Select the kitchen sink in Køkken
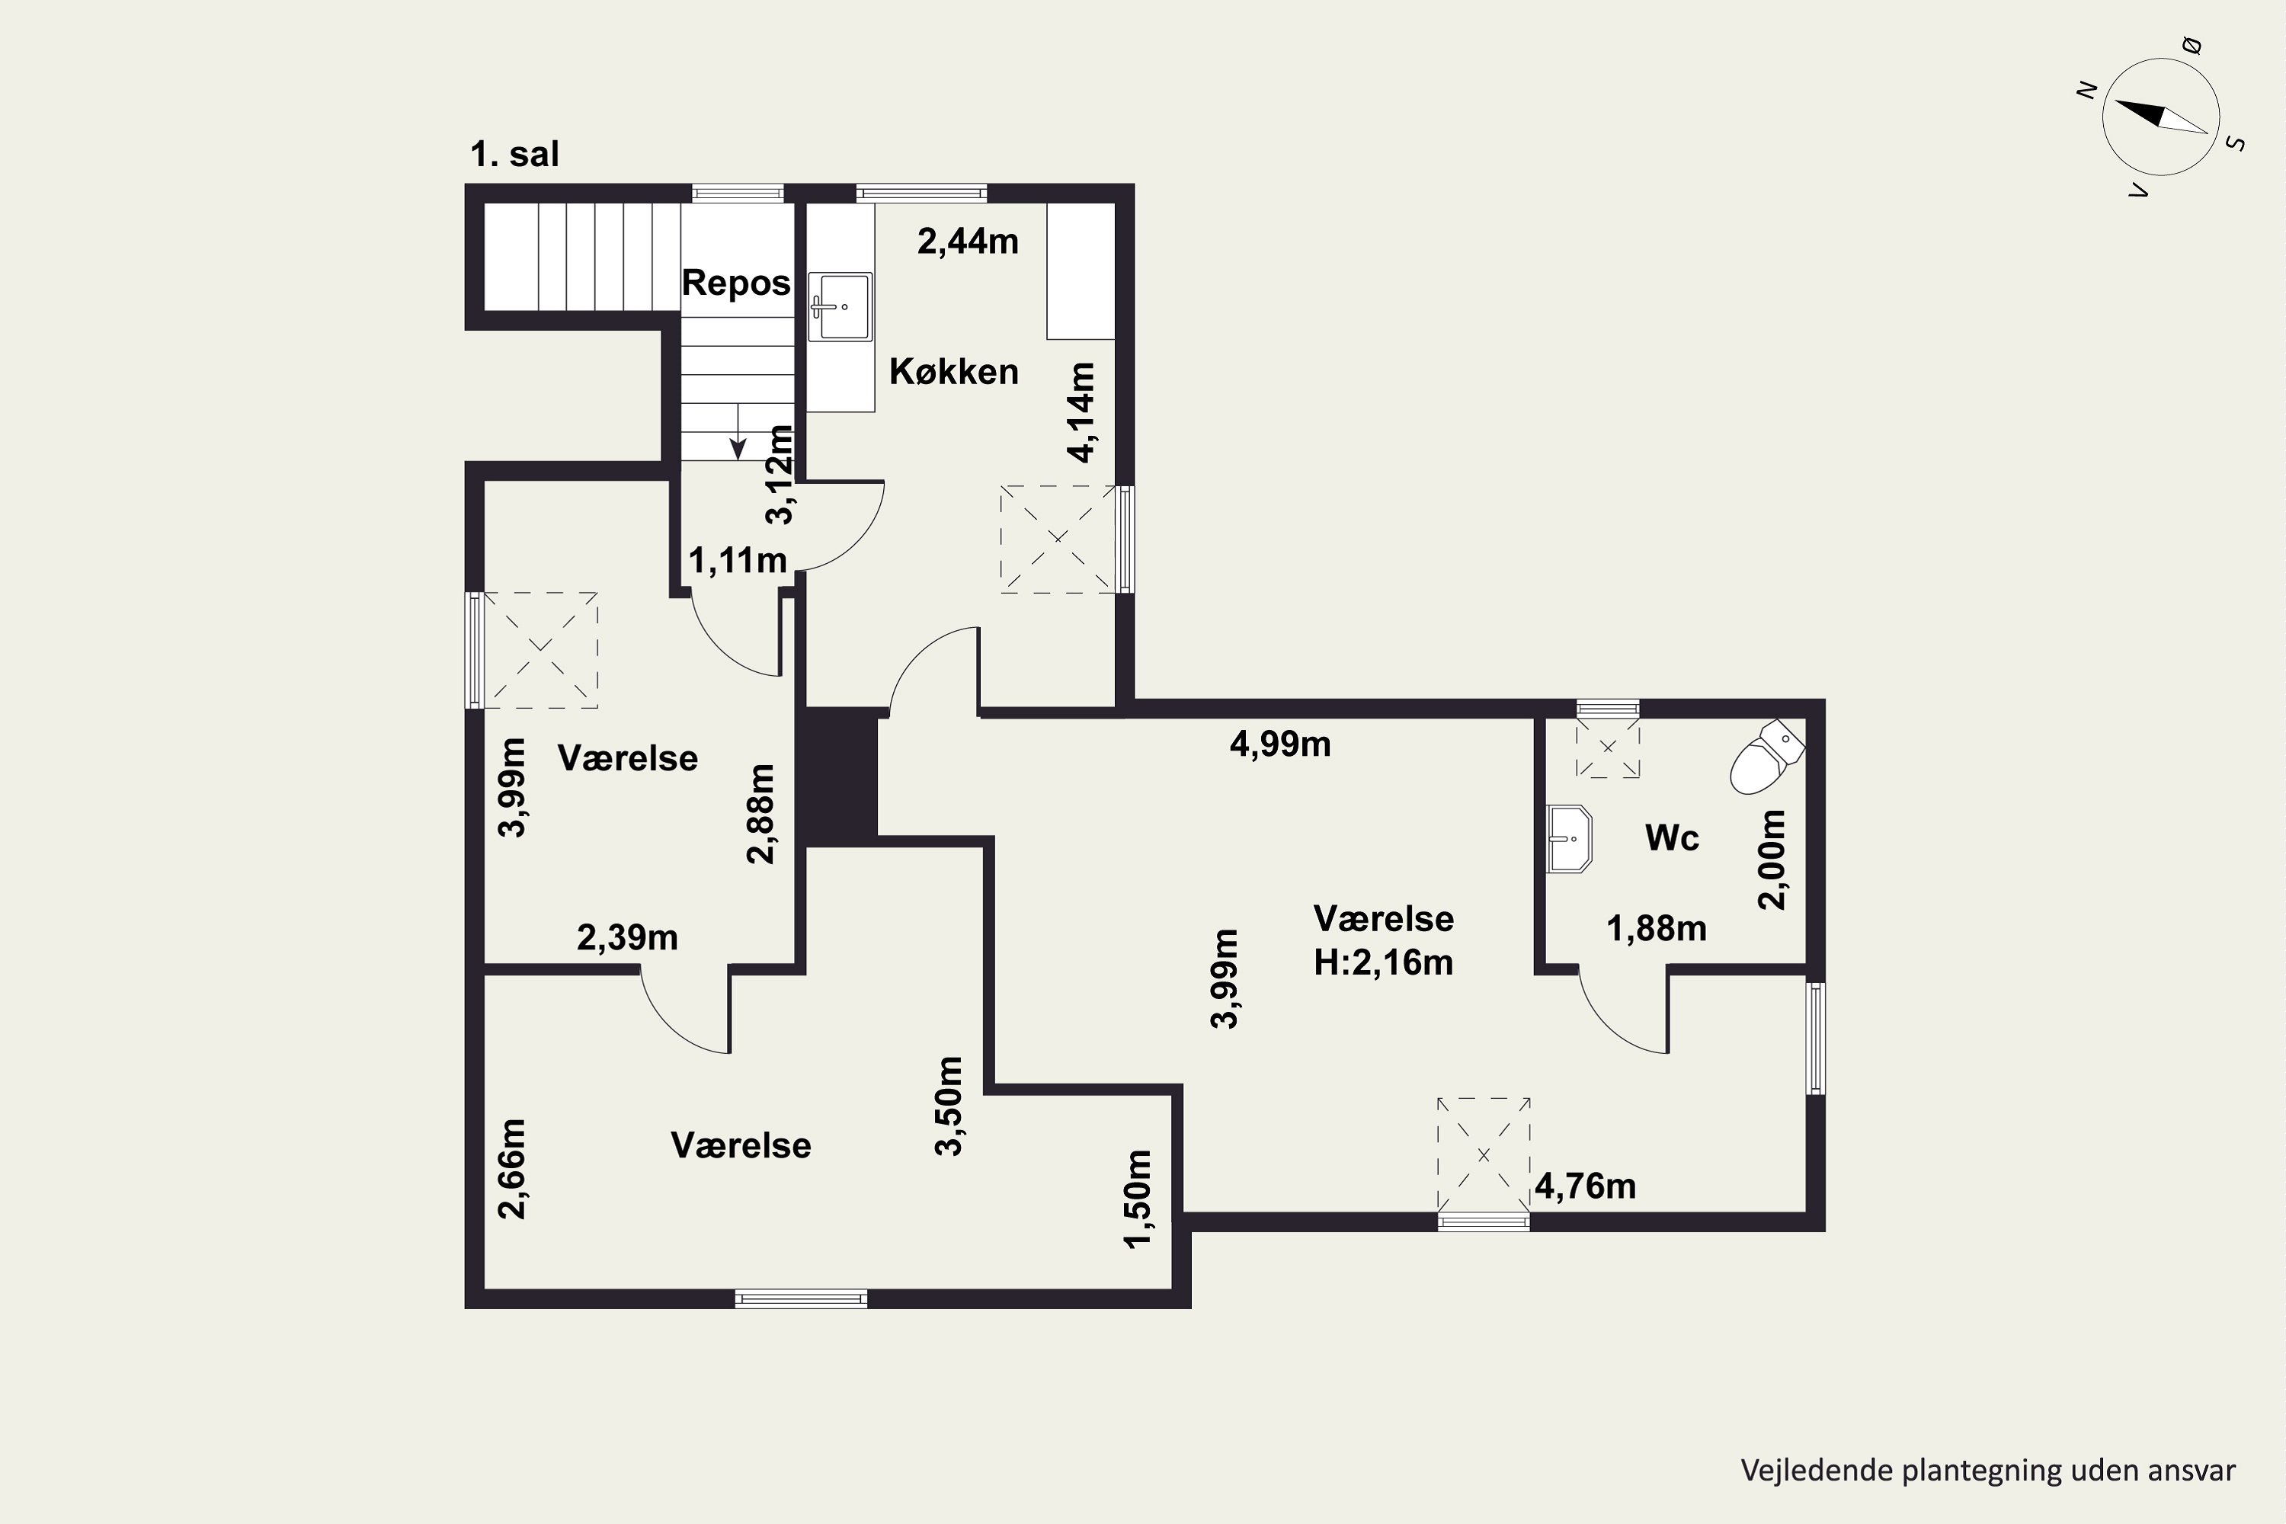[x=840, y=306]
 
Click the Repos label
[x=736, y=283]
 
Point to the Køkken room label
[x=953, y=371]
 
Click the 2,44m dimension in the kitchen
[x=968, y=241]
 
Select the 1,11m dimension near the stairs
[x=738, y=560]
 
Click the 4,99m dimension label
[x=1280, y=744]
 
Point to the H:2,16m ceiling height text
[x=1383, y=962]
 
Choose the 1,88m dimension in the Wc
[x=1656, y=929]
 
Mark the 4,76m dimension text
[x=1585, y=1186]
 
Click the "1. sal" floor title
[x=514, y=155]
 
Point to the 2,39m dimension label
[x=627, y=938]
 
